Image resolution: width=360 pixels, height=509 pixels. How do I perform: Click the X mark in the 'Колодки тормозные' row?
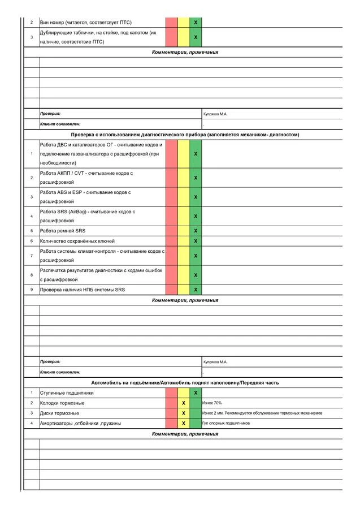click(x=184, y=403)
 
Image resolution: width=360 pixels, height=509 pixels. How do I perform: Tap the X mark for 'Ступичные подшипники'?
click(x=196, y=392)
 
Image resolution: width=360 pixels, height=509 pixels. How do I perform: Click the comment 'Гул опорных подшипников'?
click(x=226, y=423)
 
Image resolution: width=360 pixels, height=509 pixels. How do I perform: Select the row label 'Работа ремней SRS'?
click(x=63, y=231)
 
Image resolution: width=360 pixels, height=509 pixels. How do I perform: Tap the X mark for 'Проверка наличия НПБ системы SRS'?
click(x=196, y=290)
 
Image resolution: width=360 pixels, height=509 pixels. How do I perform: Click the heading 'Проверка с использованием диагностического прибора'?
click(x=185, y=135)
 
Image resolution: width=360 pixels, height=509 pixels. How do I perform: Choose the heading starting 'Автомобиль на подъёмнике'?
click(x=185, y=383)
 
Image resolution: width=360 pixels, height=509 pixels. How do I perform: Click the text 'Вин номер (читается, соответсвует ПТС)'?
click(x=85, y=22)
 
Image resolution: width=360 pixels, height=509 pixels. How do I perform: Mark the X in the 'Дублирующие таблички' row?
click(x=196, y=37)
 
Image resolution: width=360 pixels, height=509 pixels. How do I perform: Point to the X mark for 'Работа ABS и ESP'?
click(x=196, y=197)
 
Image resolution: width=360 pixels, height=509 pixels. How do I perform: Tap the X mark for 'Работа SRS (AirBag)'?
click(x=196, y=216)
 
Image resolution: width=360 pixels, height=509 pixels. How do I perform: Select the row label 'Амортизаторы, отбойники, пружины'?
click(x=80, y=423)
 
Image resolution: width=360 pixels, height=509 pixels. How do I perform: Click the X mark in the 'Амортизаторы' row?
click(x=184, y=423)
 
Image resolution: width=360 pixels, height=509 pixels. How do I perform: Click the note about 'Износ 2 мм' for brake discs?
click(x=262, y=413)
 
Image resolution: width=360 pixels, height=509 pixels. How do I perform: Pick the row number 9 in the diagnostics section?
click(x=31, y=290)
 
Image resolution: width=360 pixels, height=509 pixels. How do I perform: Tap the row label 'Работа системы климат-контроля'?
click(x=102, y=256)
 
